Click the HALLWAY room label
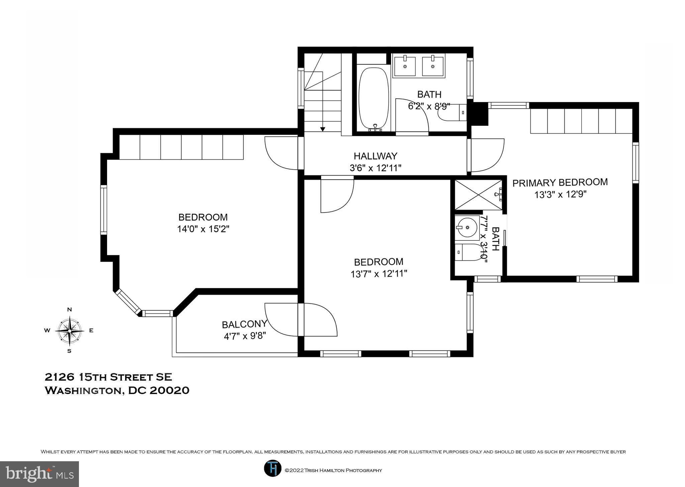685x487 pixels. [375, 156]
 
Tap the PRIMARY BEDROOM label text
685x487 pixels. [560, 183]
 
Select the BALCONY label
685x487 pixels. [244, 324]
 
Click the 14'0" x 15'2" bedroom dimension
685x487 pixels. [203, 229]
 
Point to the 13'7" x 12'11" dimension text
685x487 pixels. [379, 274]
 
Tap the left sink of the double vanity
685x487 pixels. [405, 66]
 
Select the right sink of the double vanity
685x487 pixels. [433, 66]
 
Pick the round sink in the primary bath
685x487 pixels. [467, 228]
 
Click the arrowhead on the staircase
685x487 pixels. [322, 129]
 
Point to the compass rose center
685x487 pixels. [70, 331]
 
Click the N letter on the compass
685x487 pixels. [70, 310]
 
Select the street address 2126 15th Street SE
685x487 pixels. [108, 377]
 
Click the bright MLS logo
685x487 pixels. [39, 474]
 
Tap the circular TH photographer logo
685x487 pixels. [272, 468]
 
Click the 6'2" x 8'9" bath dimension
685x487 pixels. [429, 106]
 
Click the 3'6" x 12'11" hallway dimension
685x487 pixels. [375, 168]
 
